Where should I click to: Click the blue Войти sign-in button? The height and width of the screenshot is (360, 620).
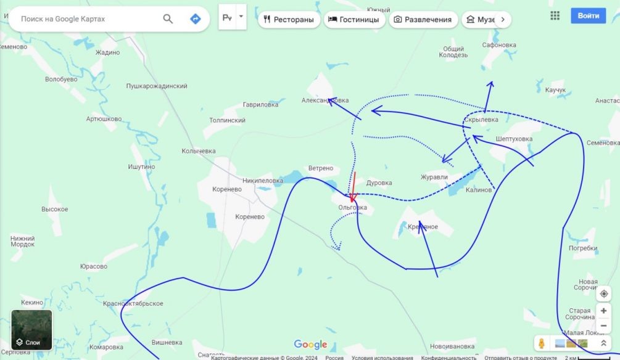(x=588, y=16)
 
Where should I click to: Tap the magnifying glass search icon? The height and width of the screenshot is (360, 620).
(x=168, y=19)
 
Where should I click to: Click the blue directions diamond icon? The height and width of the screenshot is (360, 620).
(x=196, y=19)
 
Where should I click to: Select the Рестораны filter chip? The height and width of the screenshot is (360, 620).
(x=288, y=20)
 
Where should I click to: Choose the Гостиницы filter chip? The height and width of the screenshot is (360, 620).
(x=353, y=20)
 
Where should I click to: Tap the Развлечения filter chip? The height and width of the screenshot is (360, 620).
(x=423, y=20)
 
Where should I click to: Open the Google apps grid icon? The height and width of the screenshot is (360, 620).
(x=555, y=16)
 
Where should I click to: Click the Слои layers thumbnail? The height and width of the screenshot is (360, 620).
(x=32, y=330)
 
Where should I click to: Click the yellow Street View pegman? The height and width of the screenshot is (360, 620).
(x=542, y=343)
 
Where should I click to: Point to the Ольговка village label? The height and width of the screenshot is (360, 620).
(x=352, y=208)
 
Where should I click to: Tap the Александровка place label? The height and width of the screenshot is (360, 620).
(x=325, y=100)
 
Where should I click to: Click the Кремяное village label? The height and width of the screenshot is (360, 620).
(x=423, y=227)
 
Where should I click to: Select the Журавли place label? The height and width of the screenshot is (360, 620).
(x=434, y=177)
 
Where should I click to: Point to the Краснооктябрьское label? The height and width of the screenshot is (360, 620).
(x=133, y=303)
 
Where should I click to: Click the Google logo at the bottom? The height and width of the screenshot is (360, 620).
(x=310, y=345)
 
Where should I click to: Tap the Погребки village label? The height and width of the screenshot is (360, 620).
(x=583, y=248)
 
